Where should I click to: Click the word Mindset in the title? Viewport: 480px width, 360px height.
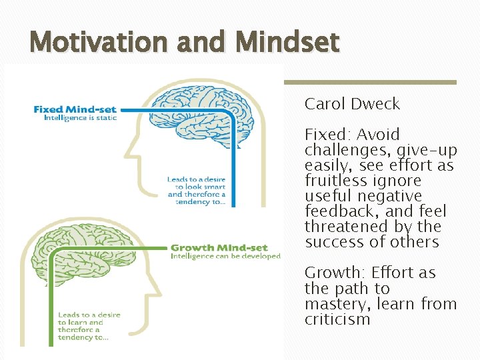(x=287, y=43)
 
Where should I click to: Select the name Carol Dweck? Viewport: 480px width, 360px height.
(x=352, y=104)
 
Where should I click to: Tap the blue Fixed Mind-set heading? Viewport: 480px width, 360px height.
(x=75, y=109)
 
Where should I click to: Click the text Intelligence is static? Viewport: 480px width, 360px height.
(x=80, y=118)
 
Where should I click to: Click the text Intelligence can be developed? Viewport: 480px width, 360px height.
(x=225, y=256)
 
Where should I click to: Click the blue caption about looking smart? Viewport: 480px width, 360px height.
(x=196, y=191)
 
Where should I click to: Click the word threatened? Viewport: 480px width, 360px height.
(x=342, y=227)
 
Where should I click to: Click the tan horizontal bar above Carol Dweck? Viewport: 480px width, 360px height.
(x=370, y=83)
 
